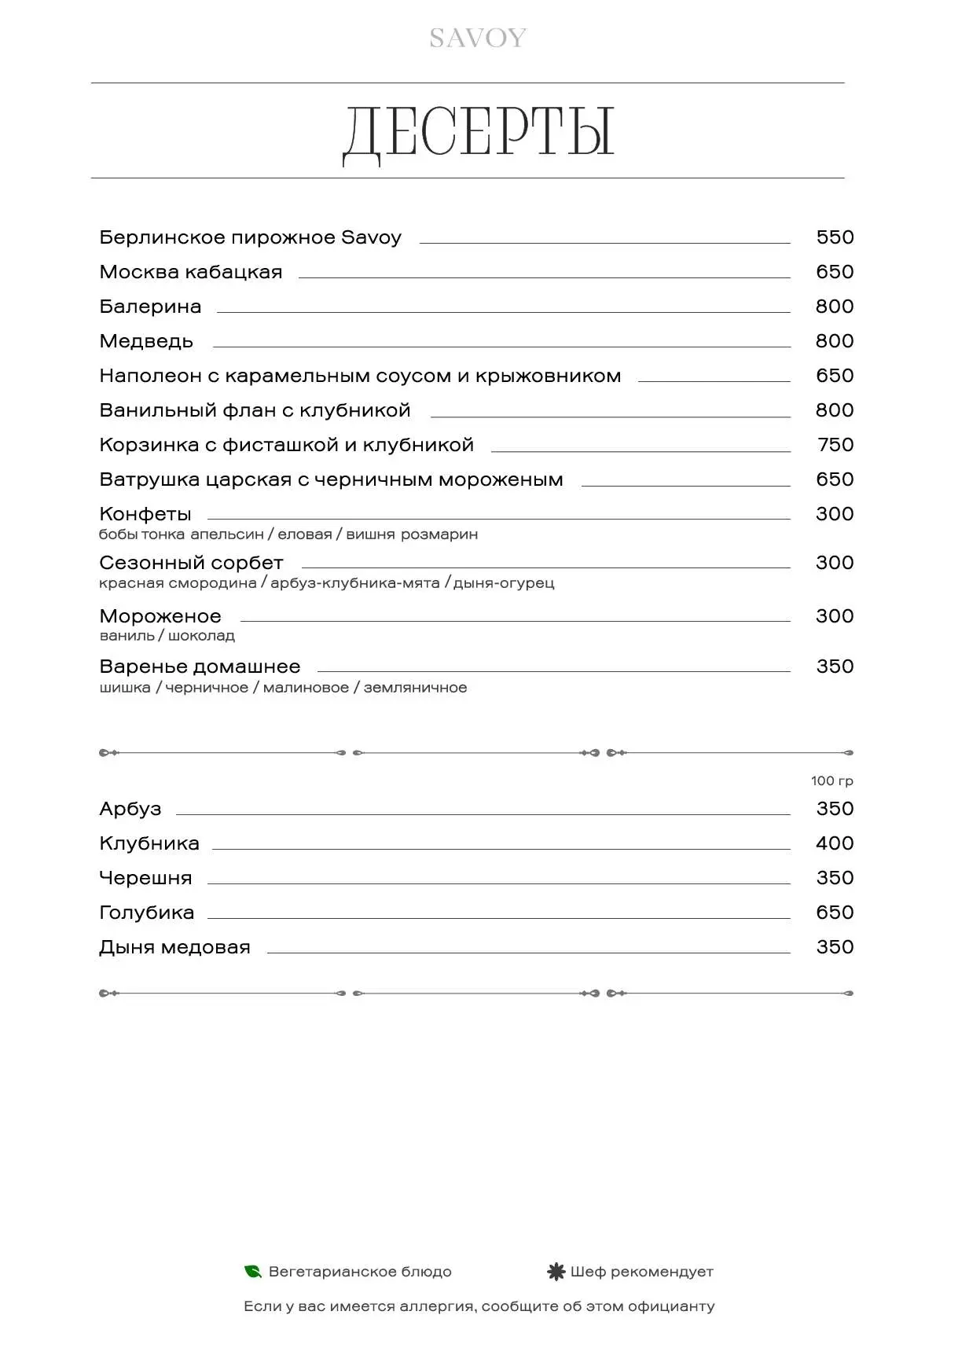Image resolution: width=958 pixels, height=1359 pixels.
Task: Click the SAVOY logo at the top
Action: click(477, 39)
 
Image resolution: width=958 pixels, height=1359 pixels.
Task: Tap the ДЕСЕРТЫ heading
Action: click(479, 132)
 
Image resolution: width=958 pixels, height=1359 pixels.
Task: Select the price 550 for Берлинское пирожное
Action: click(835, 237)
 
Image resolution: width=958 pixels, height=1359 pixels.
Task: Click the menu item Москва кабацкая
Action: click(191, 272)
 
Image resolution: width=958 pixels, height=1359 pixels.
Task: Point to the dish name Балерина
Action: click(150, 307)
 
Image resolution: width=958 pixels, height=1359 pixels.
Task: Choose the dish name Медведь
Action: click(146, 341)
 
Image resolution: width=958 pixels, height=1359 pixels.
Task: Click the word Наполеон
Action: click(151, 376)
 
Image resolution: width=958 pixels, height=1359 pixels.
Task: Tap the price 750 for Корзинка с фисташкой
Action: click(835, 445)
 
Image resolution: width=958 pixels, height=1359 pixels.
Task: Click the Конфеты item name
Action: click(145, 514)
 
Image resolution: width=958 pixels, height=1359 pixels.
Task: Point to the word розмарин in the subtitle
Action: click(439, 534)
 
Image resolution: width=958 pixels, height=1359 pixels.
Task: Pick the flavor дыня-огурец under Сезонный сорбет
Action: click(504, 583)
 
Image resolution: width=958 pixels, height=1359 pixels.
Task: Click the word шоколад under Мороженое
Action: click(201, 636)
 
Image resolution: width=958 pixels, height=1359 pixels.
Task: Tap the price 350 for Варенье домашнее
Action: click(835, 667)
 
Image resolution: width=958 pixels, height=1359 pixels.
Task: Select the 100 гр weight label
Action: click(832, 781)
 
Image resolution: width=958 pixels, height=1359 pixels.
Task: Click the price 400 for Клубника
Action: click(835, 843)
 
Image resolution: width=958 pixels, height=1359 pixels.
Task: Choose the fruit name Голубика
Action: click(147, 913)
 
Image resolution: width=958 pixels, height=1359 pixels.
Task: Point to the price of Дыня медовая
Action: click(835, 947)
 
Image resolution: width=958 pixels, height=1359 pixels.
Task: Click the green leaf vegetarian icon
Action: click(253, 1271)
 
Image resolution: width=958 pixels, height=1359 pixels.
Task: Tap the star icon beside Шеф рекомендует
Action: click(556, 1271)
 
